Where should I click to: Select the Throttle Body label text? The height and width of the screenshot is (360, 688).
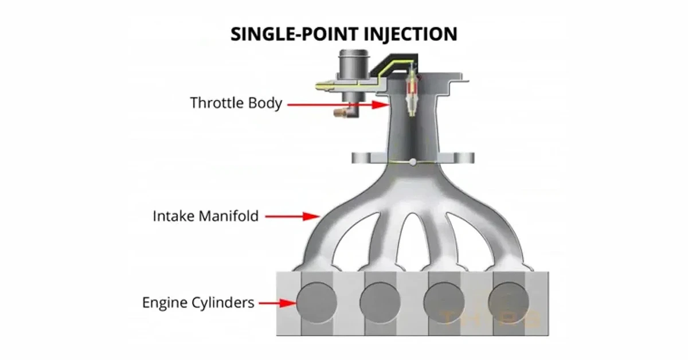click(236, 104)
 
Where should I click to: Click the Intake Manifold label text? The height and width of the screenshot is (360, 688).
click(206, 217)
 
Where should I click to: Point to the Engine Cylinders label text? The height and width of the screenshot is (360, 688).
click(198, 302)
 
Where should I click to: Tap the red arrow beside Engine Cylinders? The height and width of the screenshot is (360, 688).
click(277, 303)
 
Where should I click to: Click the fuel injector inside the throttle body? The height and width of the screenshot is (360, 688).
click(411, 95)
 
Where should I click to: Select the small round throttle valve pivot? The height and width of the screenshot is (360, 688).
click(413, 163)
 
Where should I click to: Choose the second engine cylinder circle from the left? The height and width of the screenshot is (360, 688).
click(381, 302)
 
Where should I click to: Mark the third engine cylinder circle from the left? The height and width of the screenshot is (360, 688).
click(444, 302)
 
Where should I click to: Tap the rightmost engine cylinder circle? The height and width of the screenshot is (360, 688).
click(508, 302)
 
